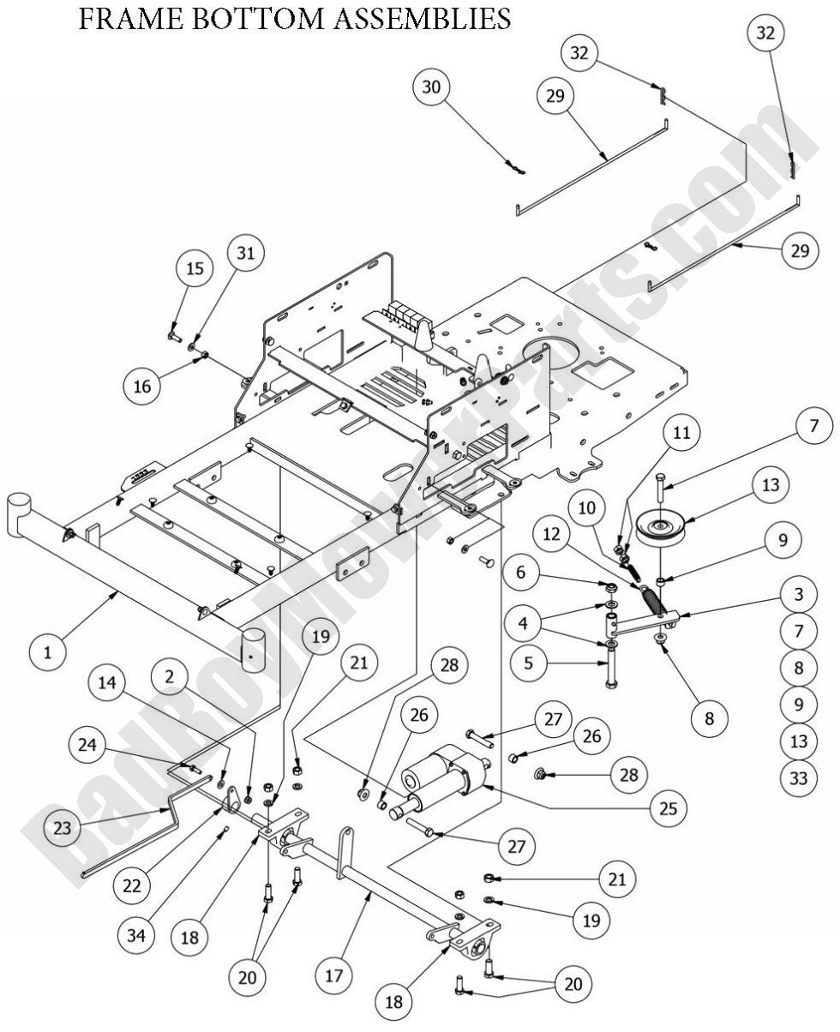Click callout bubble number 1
click(x=48, y=653)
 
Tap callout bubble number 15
click(x=195, y=268)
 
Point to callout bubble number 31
click(x=245, y=254)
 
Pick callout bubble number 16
click(x=142, y=386)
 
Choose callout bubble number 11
click(x=681, y=433)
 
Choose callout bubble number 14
click(x=110, y=683)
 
